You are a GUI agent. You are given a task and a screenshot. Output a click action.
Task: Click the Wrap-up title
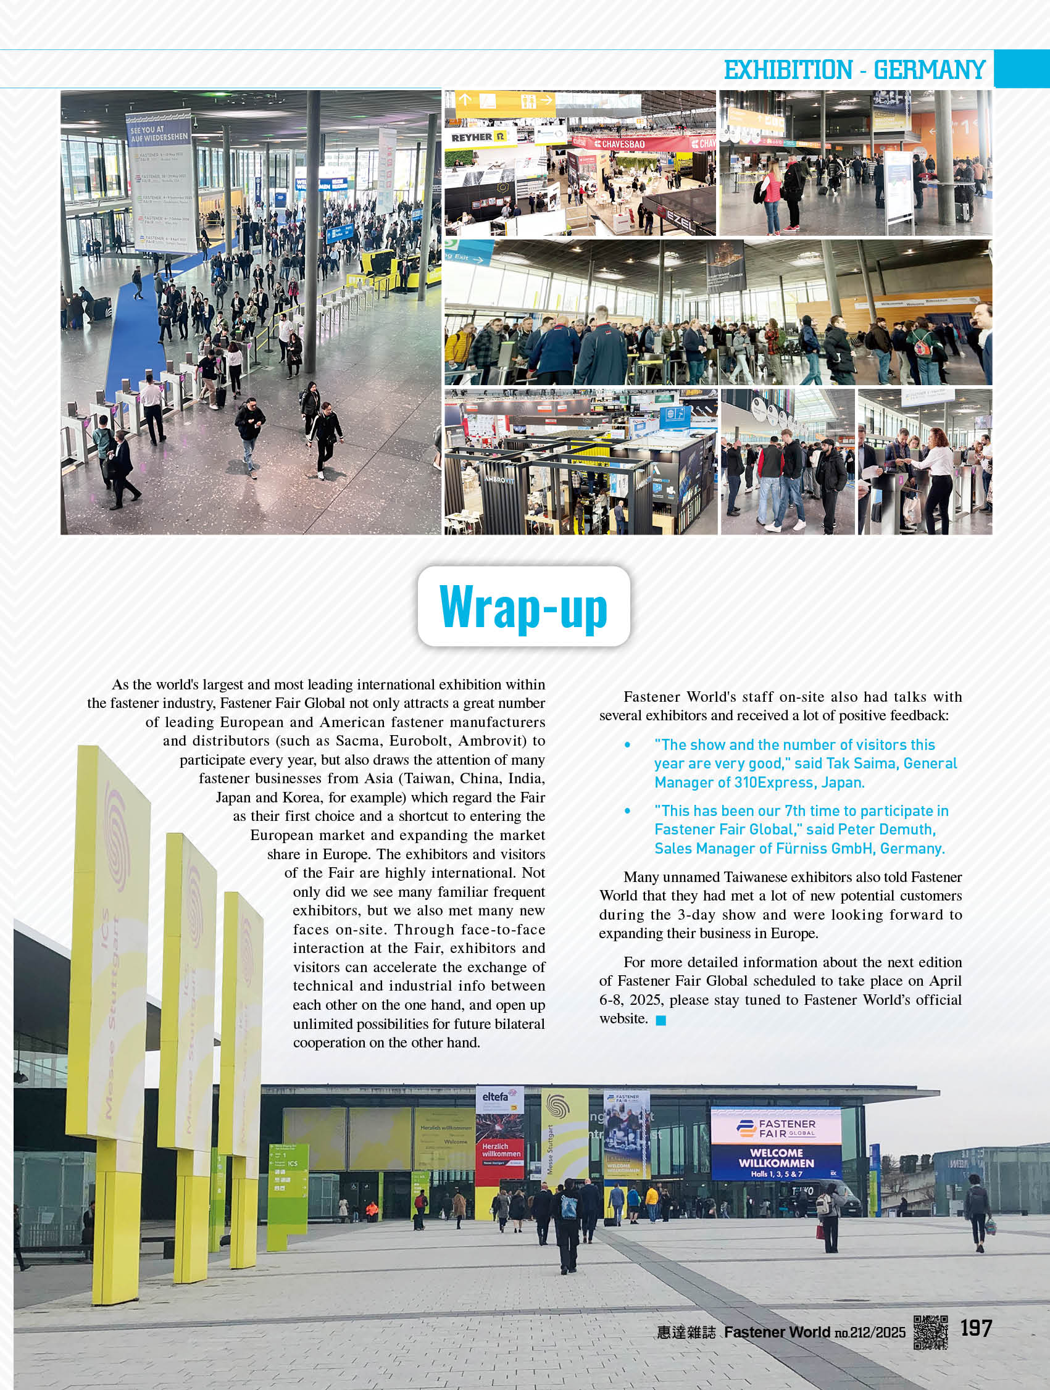coord(523,606)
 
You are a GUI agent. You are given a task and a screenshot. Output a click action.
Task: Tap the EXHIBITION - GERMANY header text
coord(854,70)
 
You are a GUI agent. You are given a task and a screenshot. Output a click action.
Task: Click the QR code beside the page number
coord(930,1331)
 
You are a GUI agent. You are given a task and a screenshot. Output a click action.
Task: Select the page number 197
coord(975,1328)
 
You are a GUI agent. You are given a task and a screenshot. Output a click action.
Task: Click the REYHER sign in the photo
coord(478,137)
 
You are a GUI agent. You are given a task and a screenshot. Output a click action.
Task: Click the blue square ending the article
coord(660,1020)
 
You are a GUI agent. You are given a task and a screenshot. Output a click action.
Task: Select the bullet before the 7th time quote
coord(627,810)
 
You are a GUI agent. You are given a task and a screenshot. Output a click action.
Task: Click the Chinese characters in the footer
coord(686,1332)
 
